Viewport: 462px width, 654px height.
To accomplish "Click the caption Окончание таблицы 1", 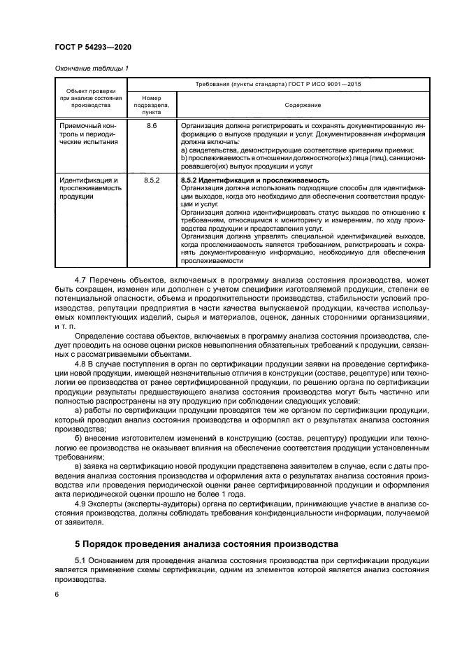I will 92,68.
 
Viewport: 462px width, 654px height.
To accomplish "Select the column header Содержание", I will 303,105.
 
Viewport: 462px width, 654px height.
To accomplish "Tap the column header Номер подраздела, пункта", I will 152,104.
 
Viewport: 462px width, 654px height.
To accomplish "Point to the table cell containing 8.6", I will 152,125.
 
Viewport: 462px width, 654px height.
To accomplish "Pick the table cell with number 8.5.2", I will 152,180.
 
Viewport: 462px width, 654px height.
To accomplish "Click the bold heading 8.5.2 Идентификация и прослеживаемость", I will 254,180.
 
